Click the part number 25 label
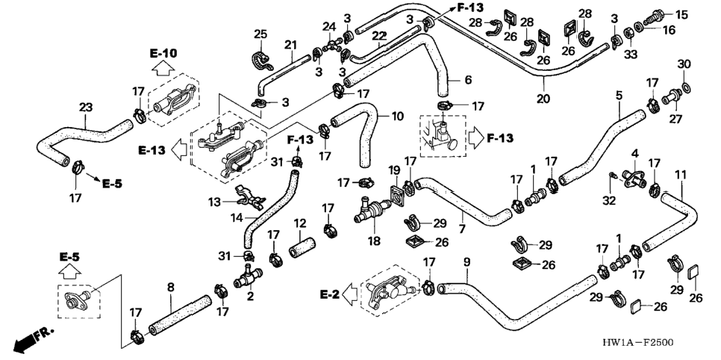tap(260, 34)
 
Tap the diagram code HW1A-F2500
tap(639, 343)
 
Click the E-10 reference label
tap(163, 53)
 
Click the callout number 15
tap(681, 15)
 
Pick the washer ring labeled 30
tap(686, 87)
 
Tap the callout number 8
tap(171, 288)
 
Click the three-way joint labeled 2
tap(248, 276)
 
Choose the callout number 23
tap(86, 108)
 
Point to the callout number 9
tap(467, 262)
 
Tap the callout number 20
tap(543, 99)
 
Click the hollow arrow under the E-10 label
tap(163, 68)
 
